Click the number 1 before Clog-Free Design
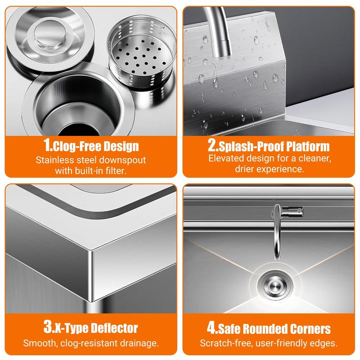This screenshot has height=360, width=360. (47, 145)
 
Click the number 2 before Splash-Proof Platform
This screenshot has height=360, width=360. (212, 145)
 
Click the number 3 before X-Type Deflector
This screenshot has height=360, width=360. (48, 326)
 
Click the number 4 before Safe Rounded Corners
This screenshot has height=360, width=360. (211, 328)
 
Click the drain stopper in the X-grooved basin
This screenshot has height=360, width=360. (275, 286)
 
